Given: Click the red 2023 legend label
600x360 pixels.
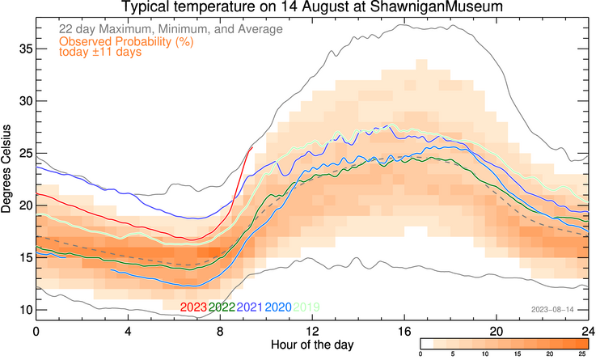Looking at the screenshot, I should (193, 307).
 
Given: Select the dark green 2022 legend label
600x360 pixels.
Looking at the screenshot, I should (222, 307).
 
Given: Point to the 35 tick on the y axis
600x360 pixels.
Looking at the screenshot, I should (23, 49).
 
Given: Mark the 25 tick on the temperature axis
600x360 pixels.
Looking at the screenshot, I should (23, 153).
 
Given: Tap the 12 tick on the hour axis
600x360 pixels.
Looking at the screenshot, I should (312, 332).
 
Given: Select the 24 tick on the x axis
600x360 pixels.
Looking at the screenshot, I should (588, 332).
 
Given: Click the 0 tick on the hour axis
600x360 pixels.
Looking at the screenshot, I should (36, 332).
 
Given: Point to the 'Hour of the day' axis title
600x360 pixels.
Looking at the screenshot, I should (311, 349).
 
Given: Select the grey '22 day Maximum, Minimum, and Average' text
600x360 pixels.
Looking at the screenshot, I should (171, 29).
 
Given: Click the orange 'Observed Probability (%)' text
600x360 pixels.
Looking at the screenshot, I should (127, 41).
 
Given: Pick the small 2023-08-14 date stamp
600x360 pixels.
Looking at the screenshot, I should (552, 309).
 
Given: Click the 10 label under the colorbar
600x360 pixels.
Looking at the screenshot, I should (485, 354).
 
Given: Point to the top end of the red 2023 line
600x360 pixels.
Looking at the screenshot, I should (251, 147).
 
